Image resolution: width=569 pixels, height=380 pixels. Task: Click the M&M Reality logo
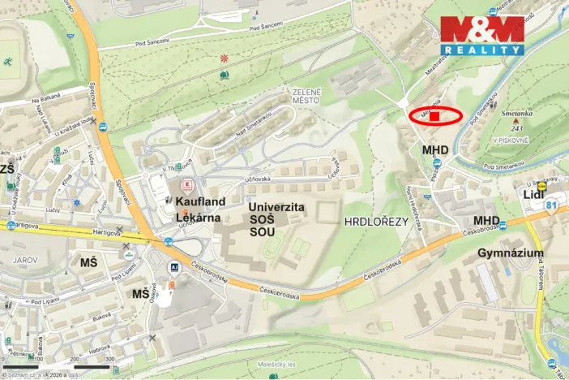pyautogui.click(x=481, y=35)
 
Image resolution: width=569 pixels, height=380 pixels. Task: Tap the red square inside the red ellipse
pyautogui.click(x=434, y=116)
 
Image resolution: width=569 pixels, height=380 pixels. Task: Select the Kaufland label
pyautogui.click(x=199, y=199)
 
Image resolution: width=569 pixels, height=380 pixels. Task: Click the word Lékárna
pyautogui.click(x=199, y=217)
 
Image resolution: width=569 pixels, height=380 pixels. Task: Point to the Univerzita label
pyautogui.click(x=276, y=208)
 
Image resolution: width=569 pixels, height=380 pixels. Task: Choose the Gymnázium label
pyautogui.click(x=511, y=254)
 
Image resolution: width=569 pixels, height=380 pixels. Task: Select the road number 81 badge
pyautogui.click(x=552, y=206)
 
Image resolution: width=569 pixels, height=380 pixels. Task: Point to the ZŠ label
pyautogui.click(x=7, y=169)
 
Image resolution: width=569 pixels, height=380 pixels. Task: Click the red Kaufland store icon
pyautogui.click(x=188, y=184)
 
